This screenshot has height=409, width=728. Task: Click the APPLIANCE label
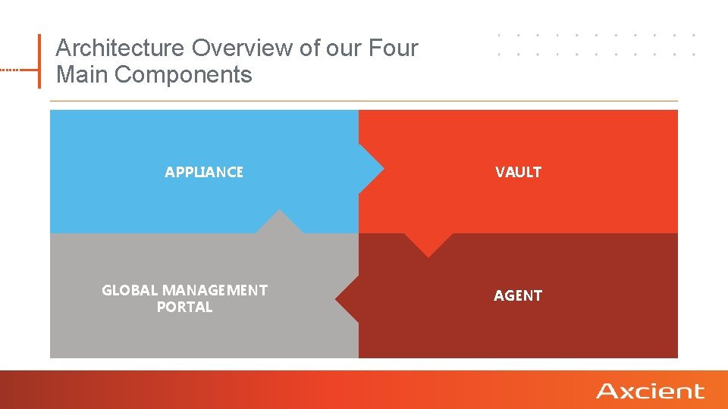[x=204, y=172]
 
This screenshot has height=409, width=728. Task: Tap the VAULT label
[x=518, y=172]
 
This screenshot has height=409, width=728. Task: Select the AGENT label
[x=518, y=295]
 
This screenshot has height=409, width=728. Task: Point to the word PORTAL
[x=184, y=307]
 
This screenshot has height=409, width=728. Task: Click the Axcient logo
[x=650, y=391]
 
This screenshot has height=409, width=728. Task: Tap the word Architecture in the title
[x=121, y=48]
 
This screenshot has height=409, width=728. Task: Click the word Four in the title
[x=394, y=48]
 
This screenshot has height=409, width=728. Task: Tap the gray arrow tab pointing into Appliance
[x=279, y=223]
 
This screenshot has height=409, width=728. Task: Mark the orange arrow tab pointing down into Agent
[x=428, y=244]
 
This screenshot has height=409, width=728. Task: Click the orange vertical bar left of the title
[x=39, y=61]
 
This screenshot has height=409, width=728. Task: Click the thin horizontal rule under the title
[x=364, y=101]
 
